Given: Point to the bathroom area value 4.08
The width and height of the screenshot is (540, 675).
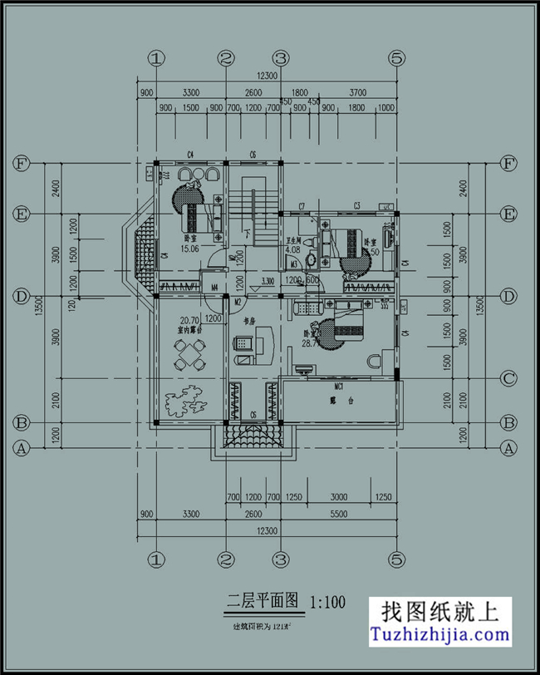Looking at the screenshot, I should point(292,249).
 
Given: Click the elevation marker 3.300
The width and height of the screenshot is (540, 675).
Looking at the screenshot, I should point(268,281).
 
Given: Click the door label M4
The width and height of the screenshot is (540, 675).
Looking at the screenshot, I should point(214,288).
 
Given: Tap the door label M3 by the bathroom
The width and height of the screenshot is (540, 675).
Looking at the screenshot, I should point(294,264).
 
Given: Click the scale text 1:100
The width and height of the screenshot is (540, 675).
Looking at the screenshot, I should point(327,600).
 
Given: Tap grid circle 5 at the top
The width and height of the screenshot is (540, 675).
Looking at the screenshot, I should point(397,58).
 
